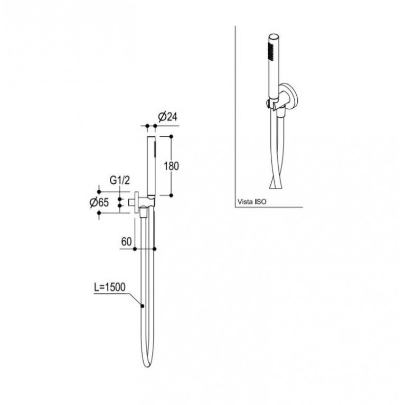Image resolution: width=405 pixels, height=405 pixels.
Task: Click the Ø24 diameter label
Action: [x=168, y=117]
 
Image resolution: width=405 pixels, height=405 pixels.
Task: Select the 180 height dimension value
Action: [x=172, y=166]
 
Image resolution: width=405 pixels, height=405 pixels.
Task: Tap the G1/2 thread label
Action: [x=120, y=180]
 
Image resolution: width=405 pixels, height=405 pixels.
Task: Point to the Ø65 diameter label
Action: [x=99, y=202]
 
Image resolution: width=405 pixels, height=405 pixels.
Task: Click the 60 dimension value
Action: [x=126, y=242]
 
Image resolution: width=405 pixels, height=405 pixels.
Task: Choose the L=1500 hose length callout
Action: [x=109, y=287]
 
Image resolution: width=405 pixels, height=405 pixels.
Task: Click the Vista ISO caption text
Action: [x=252, y=202]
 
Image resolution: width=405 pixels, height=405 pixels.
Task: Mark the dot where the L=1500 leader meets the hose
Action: [x=142, y=306]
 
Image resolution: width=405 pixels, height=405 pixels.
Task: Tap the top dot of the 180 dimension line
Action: [x=171, y=136]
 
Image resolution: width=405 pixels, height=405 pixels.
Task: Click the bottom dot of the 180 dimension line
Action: [x=171, y=195]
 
